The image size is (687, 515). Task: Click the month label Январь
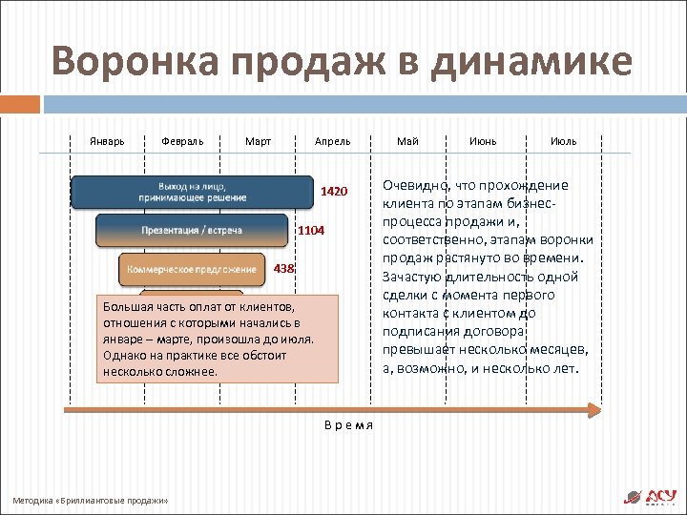click(x=107, y=141)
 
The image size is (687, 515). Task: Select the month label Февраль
click(x=182, y=141)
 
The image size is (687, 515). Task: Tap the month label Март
click(x=258, y=141)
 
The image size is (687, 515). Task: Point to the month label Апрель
click(x=333, y=141)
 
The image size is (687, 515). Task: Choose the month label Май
click(x=407, y=141)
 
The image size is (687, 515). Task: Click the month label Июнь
click(x=483, y=141)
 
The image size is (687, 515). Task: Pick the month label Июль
click(x=563, y=141)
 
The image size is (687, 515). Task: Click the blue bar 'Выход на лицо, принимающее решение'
click(x=192, y=192)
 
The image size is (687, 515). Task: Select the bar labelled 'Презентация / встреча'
click(x=192, y=230)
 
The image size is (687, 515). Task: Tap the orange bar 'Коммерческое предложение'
click(x=192, y=269)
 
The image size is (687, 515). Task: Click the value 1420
click(x=334, y=192)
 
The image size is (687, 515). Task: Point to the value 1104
click(x=311, y=231)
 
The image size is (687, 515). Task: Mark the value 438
click(x=284, y=269)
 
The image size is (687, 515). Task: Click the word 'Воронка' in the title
click(x=133, y=62)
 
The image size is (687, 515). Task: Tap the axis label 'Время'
click(x=347, y=425)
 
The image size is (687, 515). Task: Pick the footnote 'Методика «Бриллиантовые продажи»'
click(x=91, y=500)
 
